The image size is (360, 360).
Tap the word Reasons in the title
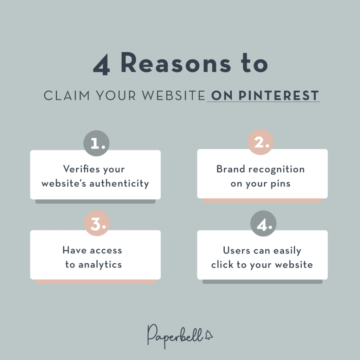pyautogui.click(x=176, y=63)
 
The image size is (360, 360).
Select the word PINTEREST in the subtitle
pyautogui.click(x=279, y=96)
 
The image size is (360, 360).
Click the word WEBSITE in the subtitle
pyautogui.click(x=173, y=96)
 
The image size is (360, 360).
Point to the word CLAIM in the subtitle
pyautogui.click(x=66, y=96)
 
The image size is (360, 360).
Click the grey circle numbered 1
pyautogui.click(x=96, y=143)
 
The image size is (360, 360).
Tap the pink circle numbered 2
pyautogui.click(x=261, y=142)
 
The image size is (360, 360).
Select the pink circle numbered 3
pyautogui.click(x=97, y=223)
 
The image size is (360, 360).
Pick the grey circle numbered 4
pyautogui.click(x=263, y=224)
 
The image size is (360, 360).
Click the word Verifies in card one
pyautogui.click(x=82, y=169)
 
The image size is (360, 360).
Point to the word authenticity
pyautogui.click(x=119, y=184)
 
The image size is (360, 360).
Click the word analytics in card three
pyautogui.click(x=100, y=265)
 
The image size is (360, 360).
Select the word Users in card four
pyautogui.click(x=237, y=250)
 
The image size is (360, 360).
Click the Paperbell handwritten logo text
pyautogui.click(x=175, y=336)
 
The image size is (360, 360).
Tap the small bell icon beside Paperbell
pyautogui.click(x=208, y=335)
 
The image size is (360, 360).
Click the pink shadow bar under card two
pyautogui.click(x=262, y=200)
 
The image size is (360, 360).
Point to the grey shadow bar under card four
pyautogui.click(x=262, y=282)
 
